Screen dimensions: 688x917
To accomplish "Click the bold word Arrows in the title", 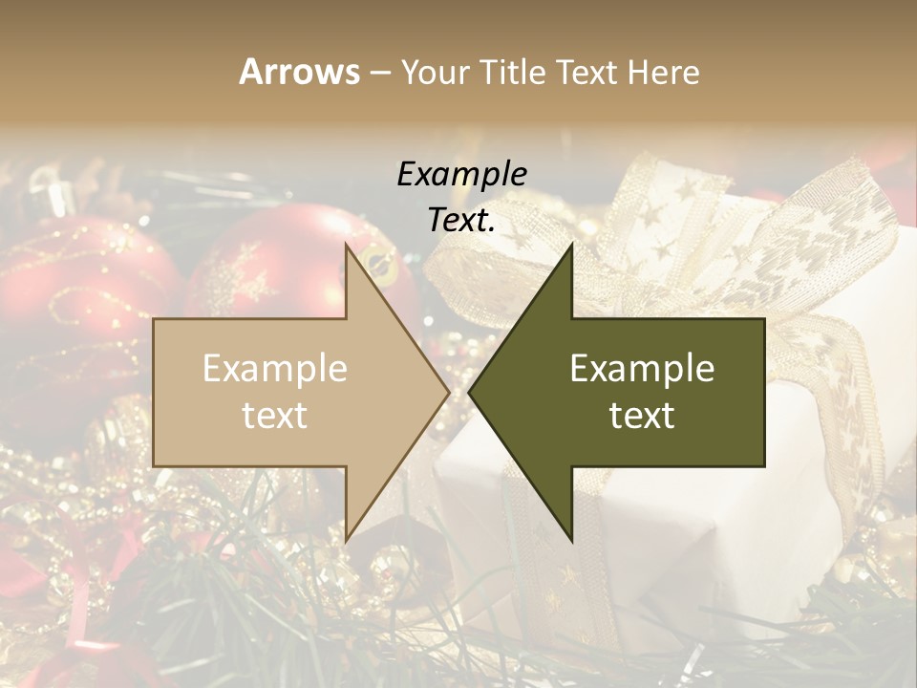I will click(298, 72).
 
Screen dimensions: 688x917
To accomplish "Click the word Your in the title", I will click(436, 72).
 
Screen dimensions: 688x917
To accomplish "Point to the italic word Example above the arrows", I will click(461, 174).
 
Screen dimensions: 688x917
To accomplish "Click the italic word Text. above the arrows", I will click(461, 221).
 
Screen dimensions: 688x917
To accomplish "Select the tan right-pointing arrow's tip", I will click(445, 392).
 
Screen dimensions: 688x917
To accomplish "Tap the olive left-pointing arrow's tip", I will click(474, 392).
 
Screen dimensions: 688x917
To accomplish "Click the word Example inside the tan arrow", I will click(275, 369).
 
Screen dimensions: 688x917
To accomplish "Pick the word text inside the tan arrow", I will click(275, 416).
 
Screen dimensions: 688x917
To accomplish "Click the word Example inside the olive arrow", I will click(642, 369).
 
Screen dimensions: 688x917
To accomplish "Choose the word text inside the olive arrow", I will click(642, 416).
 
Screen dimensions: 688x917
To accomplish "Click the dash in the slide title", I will click(379, 73).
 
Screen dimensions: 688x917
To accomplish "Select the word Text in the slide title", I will click(586, 72).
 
